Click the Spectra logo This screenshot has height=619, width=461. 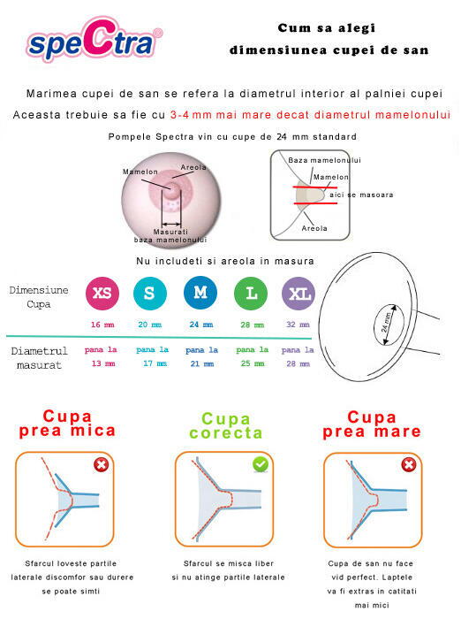point(95,42)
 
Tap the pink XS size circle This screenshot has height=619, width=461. point(101,294)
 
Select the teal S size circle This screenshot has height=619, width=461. point(149,294)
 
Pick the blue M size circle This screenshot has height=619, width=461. point(200,294)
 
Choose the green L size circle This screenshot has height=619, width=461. point(251,294)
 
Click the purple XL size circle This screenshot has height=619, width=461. point(298,294)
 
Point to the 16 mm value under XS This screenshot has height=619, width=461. point(102,325)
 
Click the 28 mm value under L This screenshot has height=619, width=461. point(251,325)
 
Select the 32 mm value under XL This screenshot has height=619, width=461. point(299,325)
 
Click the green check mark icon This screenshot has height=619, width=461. point(261,464)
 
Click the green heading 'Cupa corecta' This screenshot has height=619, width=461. point(232,426)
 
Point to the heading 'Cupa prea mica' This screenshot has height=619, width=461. point(67,424)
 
